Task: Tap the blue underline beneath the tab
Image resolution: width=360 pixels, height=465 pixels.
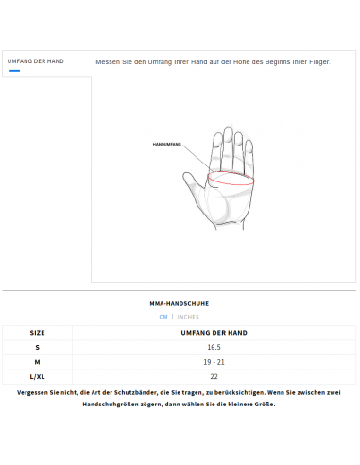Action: [14, 70]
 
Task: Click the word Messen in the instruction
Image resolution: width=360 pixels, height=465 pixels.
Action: [109, 61]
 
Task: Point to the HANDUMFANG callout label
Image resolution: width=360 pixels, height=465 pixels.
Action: [166, 145]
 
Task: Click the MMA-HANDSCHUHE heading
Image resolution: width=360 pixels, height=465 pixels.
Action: [180, 303]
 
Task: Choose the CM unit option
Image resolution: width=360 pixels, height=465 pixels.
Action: [163, 317]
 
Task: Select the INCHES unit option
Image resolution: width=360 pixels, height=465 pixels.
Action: [188, 317]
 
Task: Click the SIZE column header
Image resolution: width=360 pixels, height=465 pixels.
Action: [37, 333]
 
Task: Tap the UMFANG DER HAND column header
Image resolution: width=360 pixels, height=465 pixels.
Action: [214, 333]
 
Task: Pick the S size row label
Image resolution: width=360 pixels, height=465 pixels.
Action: [37, 347]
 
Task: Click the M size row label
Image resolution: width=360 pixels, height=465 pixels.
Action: [37, 362]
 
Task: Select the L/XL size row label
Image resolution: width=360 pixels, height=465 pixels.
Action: [37, 376]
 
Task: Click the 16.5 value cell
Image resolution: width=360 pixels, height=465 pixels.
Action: [214, 347]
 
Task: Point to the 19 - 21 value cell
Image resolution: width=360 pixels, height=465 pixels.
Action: [214, 362]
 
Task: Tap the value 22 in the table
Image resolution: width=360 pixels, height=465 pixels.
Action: [214, 376]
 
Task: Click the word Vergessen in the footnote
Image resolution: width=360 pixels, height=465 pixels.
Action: [36, 391]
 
